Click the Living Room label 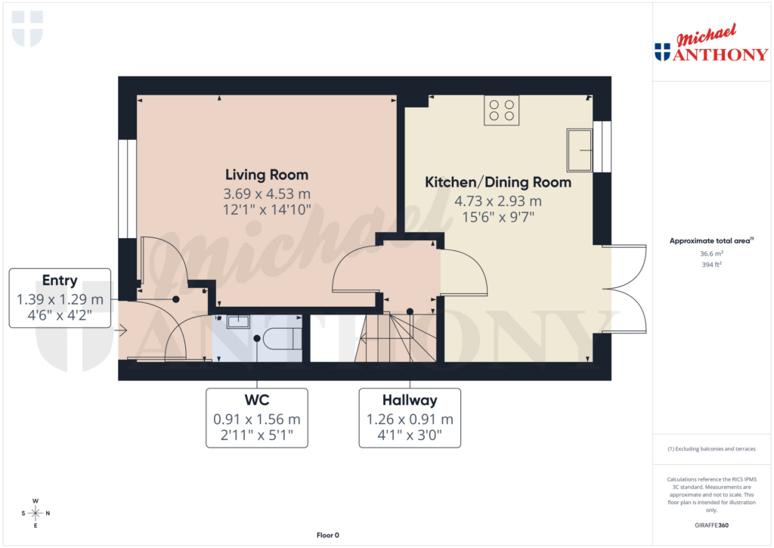pyautogui.click(x=265, y=175)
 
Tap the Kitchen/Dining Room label pyautogui.click(x=497, y=182)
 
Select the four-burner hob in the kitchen pyautogui.click(x=501, y=110)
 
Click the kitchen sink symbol pyautogui.click(x=580, y=150)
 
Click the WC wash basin pyautogui.click(x=238, y=321)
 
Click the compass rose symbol pyautogui.click(x=36, y=513)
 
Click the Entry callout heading pyautogui.click(x=60, y=280)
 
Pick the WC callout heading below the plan pyautogui.click(x=257, y=400)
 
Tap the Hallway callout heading pyautogui.click(x=410, y=400)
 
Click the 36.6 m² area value pyautogui.click(x=711, y=254)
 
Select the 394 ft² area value pyautogui.click(x=711, y=265)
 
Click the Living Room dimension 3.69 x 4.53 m pyautogui.click(x=265, y=194)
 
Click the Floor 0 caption pyautogui.click(x=327, y=535)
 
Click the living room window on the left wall pyautogui.click(x=127, y=188)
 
